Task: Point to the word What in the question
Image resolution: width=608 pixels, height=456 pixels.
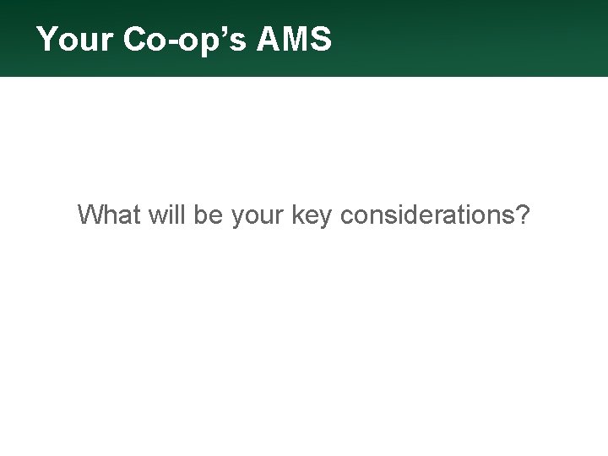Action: click(109, 215)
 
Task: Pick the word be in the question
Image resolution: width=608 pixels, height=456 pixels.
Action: click(207, 215)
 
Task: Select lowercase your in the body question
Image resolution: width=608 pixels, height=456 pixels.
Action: click(257, 218)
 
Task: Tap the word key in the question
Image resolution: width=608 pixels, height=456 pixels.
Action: click(312, 218)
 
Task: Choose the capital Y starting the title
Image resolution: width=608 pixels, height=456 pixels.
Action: click(47, 40)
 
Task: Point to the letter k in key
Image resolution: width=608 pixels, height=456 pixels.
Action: click(296, 215)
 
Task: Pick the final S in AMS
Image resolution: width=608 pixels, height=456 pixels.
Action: click(321, 40)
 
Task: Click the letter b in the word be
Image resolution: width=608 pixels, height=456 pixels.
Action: click(200, 215)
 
